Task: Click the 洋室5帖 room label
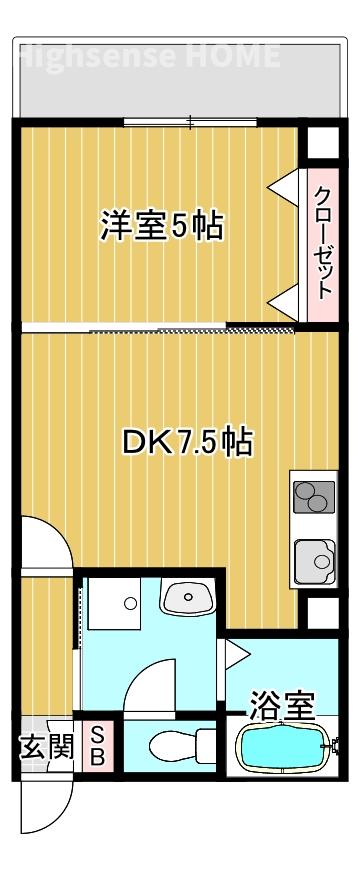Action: [160, 227]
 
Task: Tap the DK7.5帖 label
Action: [186, 441]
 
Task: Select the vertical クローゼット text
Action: [322, 243]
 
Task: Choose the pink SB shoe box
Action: [98, 745]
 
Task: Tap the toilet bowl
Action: [175, 746]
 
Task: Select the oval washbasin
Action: [187, 598]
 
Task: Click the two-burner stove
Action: [313, 497]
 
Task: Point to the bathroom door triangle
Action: [238, 654]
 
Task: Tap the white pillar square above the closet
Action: [322, 143]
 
